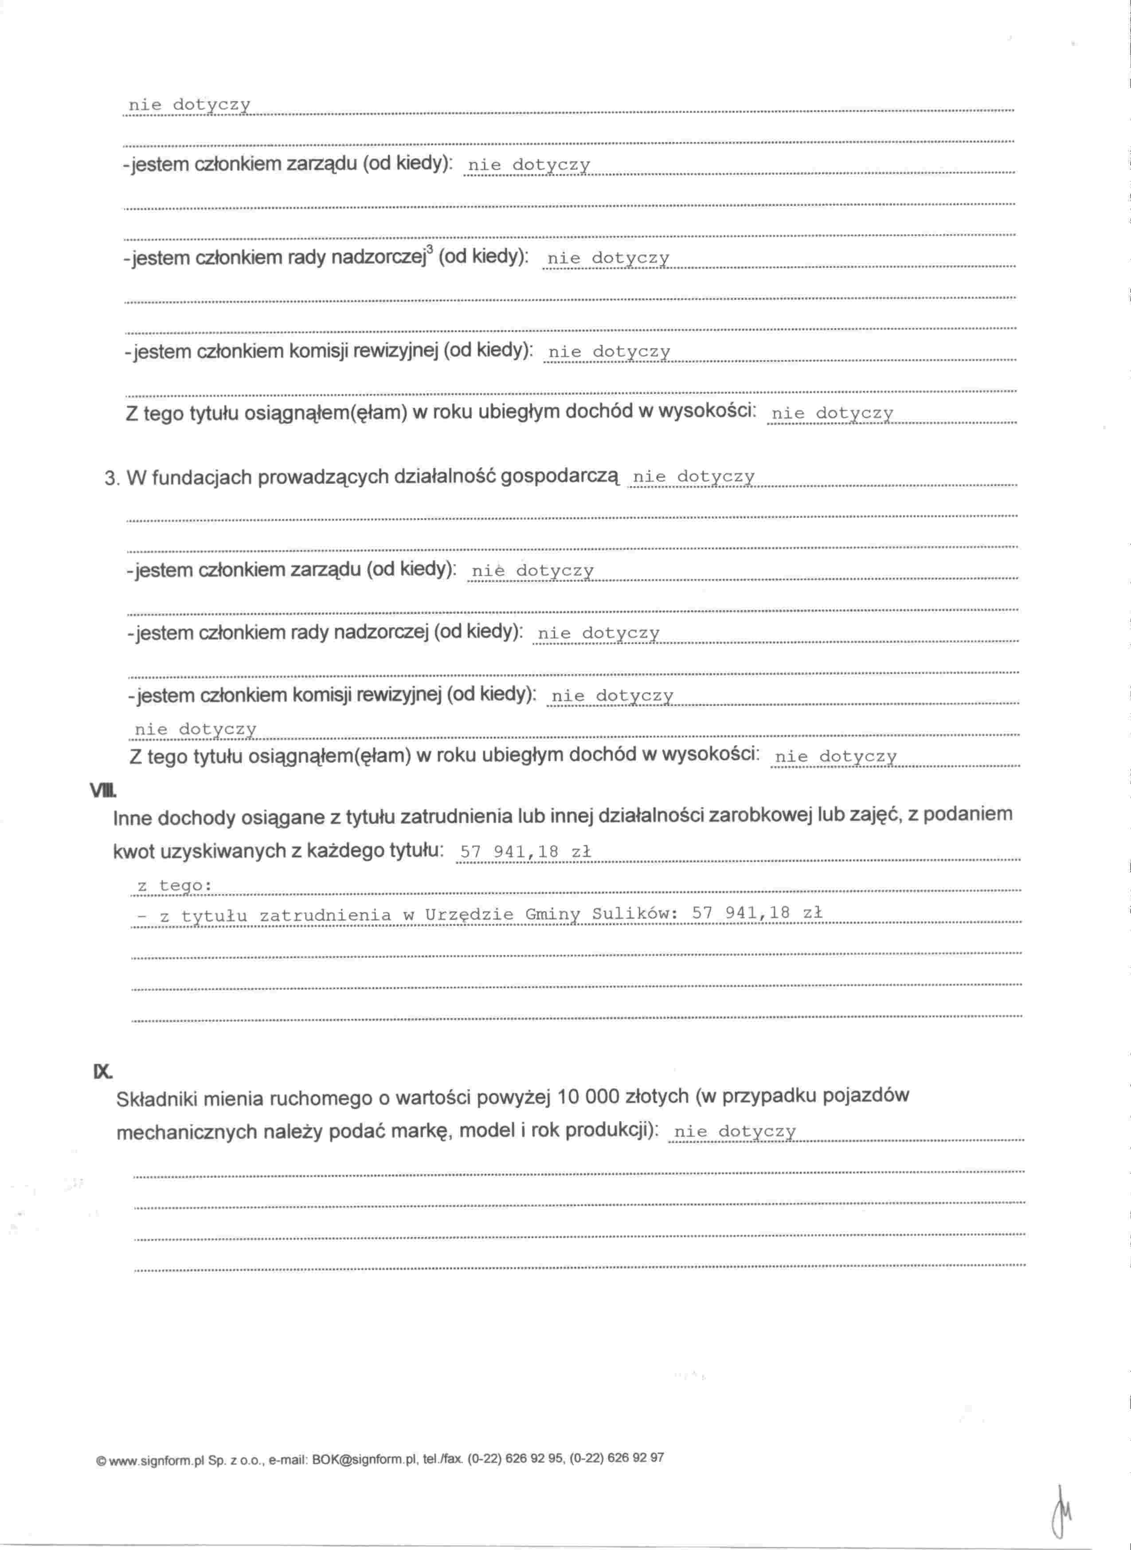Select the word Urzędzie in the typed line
pos(469,914)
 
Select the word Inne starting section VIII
pos(133,817)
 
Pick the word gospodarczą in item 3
pos(560,476)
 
